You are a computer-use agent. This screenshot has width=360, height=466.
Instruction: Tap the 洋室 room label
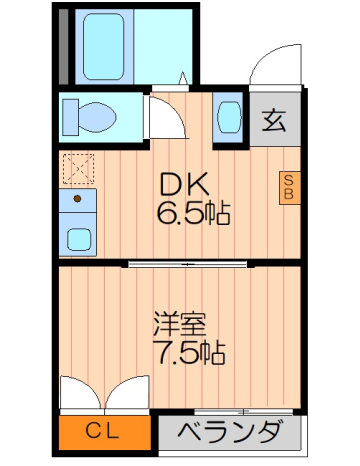[x=179, y=324]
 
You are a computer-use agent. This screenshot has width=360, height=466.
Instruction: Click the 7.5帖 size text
[x=187, y=352]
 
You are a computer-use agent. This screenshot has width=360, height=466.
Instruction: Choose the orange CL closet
[x=104, y=431]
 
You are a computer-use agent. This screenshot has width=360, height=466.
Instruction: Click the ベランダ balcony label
[x=229, y=433]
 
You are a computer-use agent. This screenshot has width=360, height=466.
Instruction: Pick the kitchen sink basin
[x=78, y=239]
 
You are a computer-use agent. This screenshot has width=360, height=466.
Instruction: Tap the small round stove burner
[x=76, y=198]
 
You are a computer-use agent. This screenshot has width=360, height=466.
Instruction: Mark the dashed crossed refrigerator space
[x=76, y=167]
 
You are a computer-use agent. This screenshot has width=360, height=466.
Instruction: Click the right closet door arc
[x=127, y=392]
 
